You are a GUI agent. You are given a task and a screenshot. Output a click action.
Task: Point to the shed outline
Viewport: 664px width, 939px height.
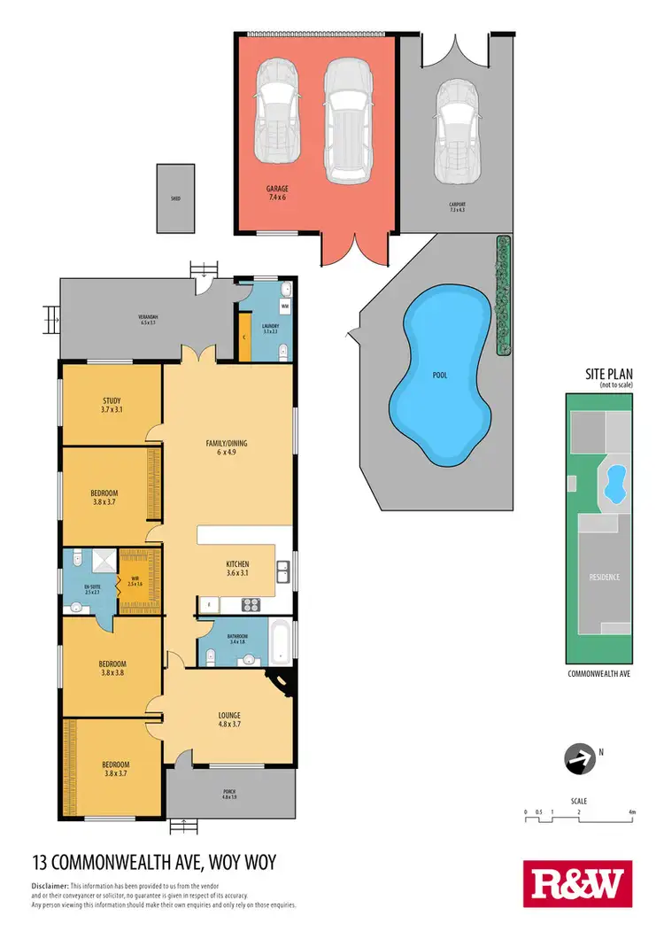pos(176,198)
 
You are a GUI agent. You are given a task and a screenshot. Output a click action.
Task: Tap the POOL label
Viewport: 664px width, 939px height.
pos(440,376)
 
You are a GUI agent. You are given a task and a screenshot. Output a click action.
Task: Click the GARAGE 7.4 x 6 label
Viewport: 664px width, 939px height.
pos(277,193)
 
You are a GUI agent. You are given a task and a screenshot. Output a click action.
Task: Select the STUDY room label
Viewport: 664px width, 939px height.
pos(112,405)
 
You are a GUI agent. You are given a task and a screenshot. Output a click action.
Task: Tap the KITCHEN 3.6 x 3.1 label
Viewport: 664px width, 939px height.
pos(237,569)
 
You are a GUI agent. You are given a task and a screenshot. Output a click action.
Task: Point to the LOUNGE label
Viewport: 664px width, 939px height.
pos(229,719)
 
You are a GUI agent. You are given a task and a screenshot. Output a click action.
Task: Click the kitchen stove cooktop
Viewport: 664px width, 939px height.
pos(250,605)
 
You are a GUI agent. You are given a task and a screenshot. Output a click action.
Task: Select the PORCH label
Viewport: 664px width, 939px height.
pos(229,794)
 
